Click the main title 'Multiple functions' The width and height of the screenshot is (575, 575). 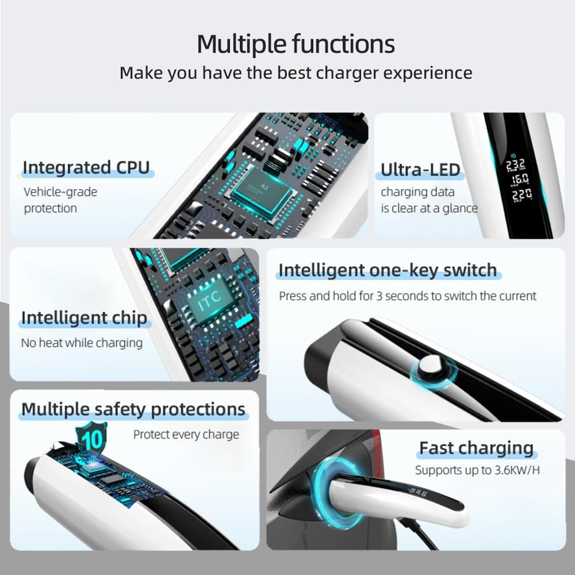coord(296,44)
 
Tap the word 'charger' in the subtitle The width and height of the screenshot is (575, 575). coord(347,74)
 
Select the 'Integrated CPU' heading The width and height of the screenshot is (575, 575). coord(86,167)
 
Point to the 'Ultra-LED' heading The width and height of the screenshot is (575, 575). coord(420,170)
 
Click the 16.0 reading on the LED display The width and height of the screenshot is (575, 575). coord(521,179)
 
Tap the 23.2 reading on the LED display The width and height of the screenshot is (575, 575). coord(516,166)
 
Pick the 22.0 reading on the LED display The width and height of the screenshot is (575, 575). coord(522,195)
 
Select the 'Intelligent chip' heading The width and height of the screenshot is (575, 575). coord(84,318)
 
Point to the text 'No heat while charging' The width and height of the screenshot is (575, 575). coord(82,343)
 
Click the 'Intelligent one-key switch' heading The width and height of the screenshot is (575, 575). coord(388,271)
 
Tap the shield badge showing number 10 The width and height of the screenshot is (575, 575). coord(91,439)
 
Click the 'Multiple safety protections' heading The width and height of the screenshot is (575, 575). coord(133,409)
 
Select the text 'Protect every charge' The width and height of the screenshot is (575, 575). coord(186,435)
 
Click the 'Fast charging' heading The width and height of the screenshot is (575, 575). coord(476,448)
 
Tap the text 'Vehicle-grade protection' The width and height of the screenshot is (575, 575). coord(60,200)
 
